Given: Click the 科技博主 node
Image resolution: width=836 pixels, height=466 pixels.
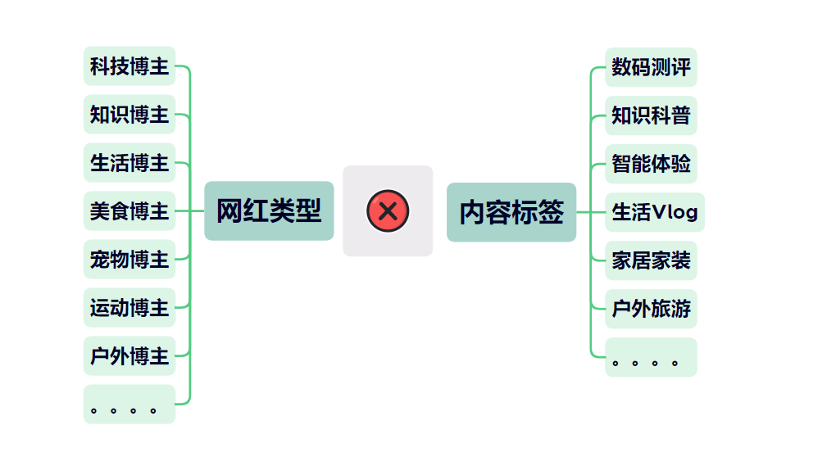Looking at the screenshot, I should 129,66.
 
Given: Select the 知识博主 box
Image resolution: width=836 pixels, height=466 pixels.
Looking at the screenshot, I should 129,115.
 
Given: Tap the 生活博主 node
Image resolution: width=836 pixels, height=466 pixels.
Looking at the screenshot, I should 129,163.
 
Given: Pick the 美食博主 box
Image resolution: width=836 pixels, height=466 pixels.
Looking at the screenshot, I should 129,211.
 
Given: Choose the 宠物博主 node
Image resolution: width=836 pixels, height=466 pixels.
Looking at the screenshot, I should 129,260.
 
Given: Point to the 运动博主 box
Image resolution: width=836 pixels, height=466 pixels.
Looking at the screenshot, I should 129,308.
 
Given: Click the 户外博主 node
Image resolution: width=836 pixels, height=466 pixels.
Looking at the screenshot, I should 129,356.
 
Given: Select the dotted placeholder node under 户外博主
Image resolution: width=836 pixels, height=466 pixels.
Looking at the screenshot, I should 129,405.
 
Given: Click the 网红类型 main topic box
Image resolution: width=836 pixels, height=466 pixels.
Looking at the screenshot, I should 269,211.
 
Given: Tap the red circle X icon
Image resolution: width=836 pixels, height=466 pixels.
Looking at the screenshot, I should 388,211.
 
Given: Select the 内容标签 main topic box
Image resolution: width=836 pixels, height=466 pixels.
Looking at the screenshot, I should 511,212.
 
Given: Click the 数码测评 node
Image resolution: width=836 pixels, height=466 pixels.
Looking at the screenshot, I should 651,67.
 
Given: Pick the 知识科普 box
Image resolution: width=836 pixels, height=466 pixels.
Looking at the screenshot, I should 651,115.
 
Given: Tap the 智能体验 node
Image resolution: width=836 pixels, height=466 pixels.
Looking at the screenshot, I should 651,164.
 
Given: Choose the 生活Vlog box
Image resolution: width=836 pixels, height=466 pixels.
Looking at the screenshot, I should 654,212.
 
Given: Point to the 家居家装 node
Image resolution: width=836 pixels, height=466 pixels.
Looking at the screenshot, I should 651,260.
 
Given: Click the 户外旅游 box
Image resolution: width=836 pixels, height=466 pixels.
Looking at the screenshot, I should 651,309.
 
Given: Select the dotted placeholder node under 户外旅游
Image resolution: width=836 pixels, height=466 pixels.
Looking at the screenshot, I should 651,358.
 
